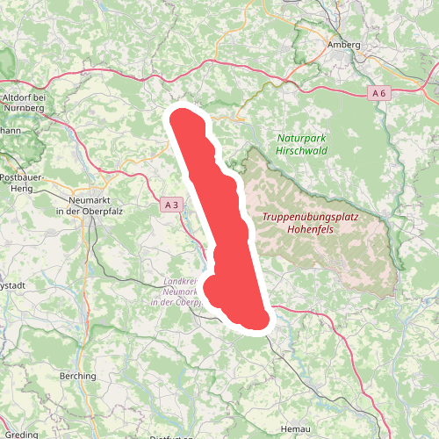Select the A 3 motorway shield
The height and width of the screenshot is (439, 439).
coord(172,205)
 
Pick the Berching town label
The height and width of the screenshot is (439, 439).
coord(76,376)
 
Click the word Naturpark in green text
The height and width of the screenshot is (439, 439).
coord(301,139)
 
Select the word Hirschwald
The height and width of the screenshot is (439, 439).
coord(301,151)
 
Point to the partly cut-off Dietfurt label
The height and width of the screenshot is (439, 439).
coord(170,435)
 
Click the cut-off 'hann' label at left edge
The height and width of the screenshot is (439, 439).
coord(10,130)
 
